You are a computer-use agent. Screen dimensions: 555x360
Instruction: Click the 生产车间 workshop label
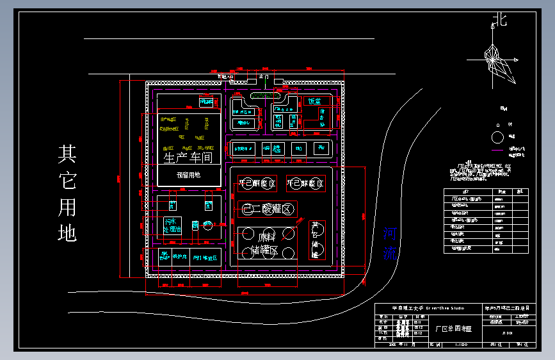tap(188, 158)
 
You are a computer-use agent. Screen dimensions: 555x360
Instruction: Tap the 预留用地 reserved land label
tap(188, 174)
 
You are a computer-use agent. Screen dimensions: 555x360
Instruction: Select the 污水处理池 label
tap(172, 225)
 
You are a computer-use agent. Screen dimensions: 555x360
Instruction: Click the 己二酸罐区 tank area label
tap(268, 209)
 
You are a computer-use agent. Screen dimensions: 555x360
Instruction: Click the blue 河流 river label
tap(390, 243)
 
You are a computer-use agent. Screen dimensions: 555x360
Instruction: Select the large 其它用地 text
tap(67, 192)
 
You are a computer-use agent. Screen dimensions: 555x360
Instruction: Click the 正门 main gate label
tap(264, 76)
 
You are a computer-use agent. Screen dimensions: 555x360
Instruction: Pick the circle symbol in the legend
tap(497, 136)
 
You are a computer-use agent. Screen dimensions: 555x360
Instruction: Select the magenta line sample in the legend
tap(497, 150)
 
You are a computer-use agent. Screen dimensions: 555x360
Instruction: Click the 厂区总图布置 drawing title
tap(453, 329)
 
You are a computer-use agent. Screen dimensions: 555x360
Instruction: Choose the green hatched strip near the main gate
tap(262, 96)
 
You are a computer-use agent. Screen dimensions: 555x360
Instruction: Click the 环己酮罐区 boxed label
tap(257, 184)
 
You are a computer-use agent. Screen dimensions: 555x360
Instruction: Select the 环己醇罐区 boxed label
tap(305, 184)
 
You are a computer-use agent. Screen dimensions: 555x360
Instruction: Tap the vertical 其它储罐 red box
tap(316, 240)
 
